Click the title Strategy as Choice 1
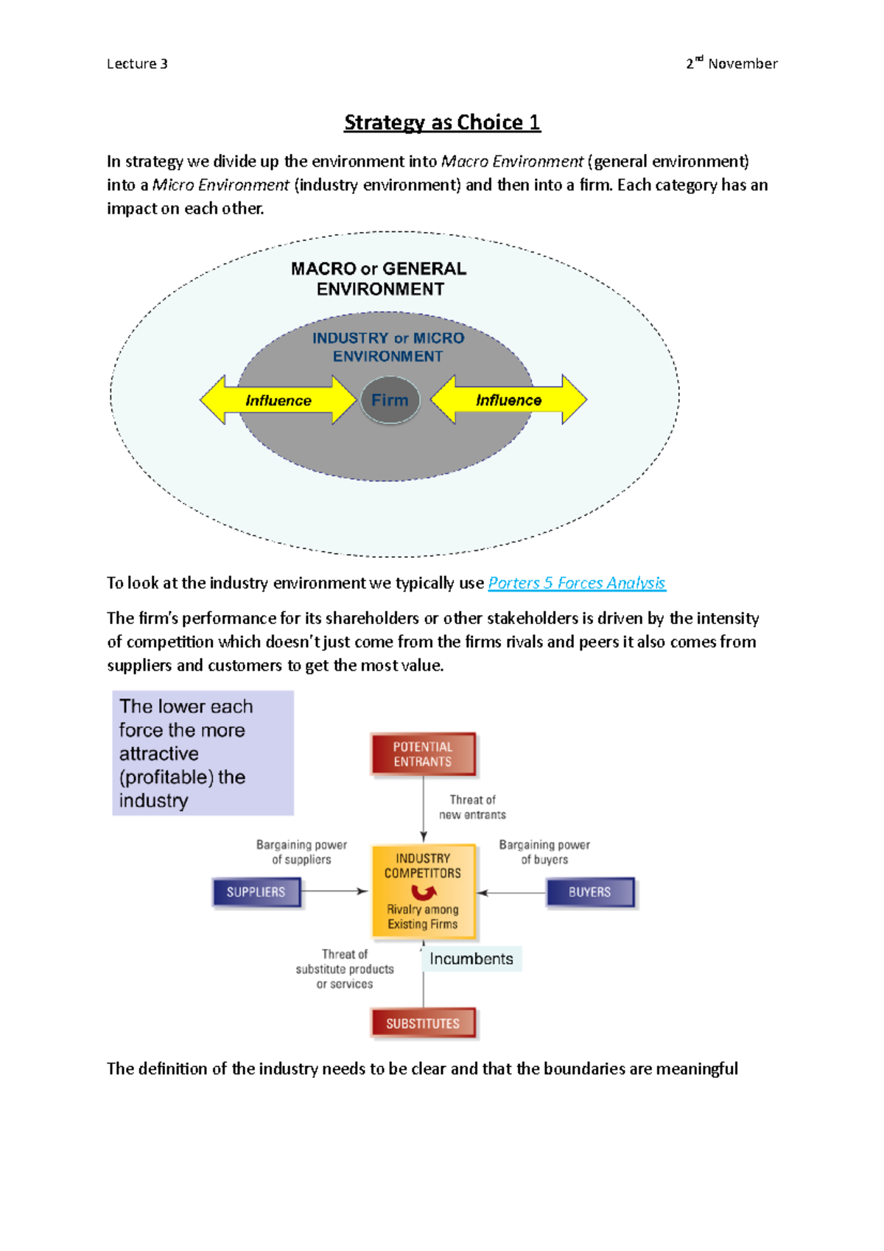click(x=442, y=122)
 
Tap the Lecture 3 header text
click(x=137, y=64)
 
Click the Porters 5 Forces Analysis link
click(x=576, y=584)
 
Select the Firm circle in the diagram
click(x=390, y=400)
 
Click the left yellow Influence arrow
click(x=278, y=400)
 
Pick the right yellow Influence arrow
click(x=508, y=400)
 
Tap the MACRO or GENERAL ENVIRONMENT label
click(x=379, y=278)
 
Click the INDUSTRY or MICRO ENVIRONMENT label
click(x=388, y=347)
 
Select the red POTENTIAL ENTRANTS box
click(x=423, y=754)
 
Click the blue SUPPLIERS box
click(x=256, y=892)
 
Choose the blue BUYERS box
click(x=589, y=892)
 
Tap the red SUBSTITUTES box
click(x=423, y=1023)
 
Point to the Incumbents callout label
click(x=471, y=959)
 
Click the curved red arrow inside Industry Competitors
click(x=423, y=893)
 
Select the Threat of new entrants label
click(x=472, y=807)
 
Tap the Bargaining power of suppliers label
click(x=301, y=852)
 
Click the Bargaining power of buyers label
click(x=544, y=852)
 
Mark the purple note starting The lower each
click(x=203, y=753)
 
